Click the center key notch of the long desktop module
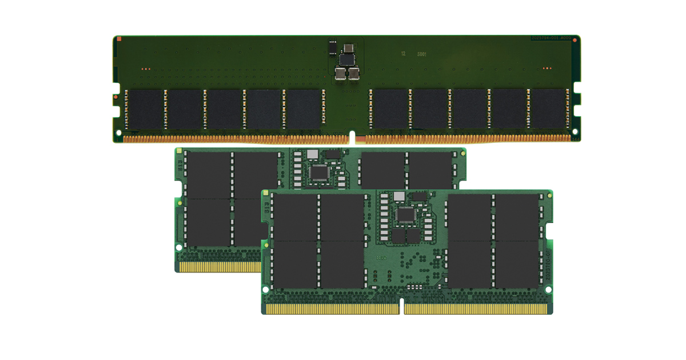point(352,138)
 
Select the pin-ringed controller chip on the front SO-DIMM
point(406,215)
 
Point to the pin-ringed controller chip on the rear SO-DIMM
point(318,172)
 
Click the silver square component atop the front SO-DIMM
point(399,197)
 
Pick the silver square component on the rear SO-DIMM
point(312,154)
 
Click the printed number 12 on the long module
point(403,53)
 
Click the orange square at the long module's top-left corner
point(118,39)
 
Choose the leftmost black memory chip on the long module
point(145,109)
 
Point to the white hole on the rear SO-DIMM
point(179,249)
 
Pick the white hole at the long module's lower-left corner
point(119,133)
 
